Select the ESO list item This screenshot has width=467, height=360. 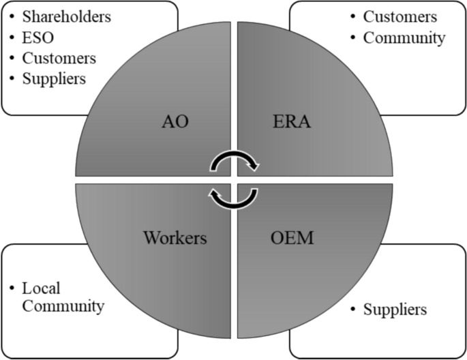[35, 36]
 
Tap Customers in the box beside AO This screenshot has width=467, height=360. [58, 58]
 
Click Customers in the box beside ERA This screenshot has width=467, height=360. [400, 16]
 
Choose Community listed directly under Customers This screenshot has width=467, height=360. [404, 37]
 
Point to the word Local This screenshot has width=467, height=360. [42, 288]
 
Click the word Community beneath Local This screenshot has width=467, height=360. [63, 306]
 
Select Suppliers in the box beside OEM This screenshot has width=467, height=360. [395, 310]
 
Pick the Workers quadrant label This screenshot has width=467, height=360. [175, 238]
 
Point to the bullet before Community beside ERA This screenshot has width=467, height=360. [352, 38]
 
